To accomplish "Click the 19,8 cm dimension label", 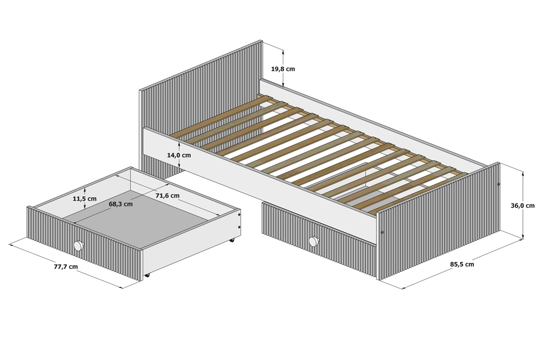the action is coord(283,69).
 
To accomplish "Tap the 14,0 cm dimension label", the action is coord(179,155).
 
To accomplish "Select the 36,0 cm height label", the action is coord(522,206).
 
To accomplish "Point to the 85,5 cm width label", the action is coord(462,264).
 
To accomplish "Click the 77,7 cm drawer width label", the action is coord(66,267).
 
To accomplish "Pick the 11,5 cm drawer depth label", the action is coord(85,199).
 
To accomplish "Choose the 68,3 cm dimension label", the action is coord(121,204).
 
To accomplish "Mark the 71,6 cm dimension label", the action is coord(167,196).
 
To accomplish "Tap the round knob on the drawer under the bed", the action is coord(314,241).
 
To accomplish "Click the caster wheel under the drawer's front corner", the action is coord(147,275).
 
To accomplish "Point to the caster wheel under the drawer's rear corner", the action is coord(232,240).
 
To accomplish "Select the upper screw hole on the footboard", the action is coord(499,184).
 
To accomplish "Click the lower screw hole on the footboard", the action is coord(382,233).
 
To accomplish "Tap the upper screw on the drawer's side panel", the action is coord(239,215).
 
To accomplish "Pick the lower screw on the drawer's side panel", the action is coord(239,227).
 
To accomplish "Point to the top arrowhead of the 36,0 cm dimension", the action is coord(522,174).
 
